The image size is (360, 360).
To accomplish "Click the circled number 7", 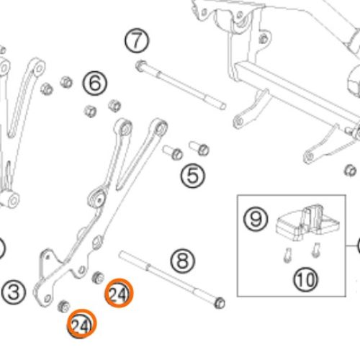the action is coord(137,40).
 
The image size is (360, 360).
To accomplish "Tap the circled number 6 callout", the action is coord(95,84).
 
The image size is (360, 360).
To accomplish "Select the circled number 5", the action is coord(193,176).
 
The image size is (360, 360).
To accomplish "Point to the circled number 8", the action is coord(183,261).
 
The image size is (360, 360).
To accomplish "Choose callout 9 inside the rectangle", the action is coord(256,219).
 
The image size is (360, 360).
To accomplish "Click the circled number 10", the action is coord(306,279).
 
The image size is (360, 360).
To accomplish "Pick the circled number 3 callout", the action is coord(14,292).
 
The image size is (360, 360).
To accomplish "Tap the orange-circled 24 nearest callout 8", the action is coord(119,293).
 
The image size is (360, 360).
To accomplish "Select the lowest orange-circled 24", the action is coord(81,324).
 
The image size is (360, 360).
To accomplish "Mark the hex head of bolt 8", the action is coord(220,303).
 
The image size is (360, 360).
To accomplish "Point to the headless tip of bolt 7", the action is coord(223,106).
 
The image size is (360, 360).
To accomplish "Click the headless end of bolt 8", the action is coord(121,254).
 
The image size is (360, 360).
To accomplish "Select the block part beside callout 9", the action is coord(308,222).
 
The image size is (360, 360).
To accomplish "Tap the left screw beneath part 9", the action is coord(288,255).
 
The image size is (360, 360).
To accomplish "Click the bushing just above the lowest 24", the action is coord(64,306).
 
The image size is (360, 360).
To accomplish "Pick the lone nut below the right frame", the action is coord(350,171).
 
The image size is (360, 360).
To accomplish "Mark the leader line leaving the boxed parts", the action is coord(352,246).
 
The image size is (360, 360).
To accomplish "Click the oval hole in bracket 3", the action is coord(97,243).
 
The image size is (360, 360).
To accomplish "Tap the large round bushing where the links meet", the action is coord(98,197).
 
